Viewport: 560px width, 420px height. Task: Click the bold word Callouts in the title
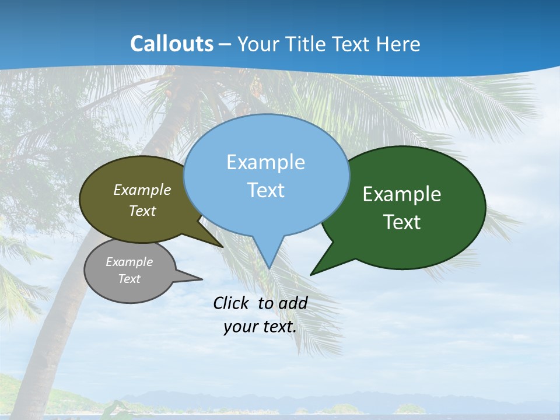(x=172, y=44)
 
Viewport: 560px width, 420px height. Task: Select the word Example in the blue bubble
(x=265, y=162)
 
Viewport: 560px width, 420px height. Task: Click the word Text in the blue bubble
(x=265, y=190)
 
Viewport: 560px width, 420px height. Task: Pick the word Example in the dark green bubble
(x=402, y=194)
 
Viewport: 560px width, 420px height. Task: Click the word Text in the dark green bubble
(x=402, y=222)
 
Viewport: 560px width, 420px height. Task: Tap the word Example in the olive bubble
(x=142, y=190)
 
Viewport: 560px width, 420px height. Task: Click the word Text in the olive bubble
(x=142, y=211)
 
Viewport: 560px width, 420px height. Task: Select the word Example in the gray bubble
(x=129, y=262)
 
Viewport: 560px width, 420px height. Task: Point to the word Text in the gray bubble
(x=129, y=279)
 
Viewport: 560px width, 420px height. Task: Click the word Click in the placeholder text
(x=232, y=303)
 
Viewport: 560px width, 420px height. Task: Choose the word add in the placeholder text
(x=293, y=303)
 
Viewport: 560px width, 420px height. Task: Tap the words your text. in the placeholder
(x=260, y=327)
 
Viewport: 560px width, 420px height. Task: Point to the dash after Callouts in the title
(x=225, y=44)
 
